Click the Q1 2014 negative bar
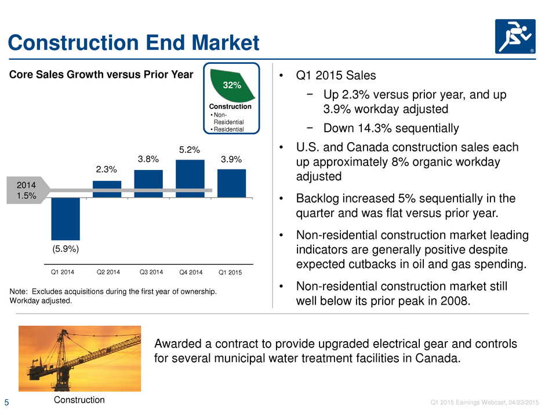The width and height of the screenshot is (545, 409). click(x=66, y=219)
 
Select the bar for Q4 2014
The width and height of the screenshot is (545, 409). click(x=190, y=179)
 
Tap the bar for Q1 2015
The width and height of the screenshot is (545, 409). click(x=231, y=183)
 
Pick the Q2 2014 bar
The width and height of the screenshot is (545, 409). click(x=107, y=189)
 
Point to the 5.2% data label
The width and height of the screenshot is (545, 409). click(x=190, y=150)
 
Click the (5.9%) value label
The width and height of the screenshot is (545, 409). click(x=66, y=249)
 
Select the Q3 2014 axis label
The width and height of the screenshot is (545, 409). click(x=151, y=272)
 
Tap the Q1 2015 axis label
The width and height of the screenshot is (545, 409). click(x=230, y=272)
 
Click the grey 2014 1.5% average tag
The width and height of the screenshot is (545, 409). click(x=27, y=190)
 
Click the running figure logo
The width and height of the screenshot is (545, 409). click(x=515, y=37)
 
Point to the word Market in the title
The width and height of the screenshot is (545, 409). click(x=226, y=43)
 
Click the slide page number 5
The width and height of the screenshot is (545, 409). click(x=6, y=403)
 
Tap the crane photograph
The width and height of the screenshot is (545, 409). click(x=79, y=359)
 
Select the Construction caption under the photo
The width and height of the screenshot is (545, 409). click(x=79, y=400)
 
